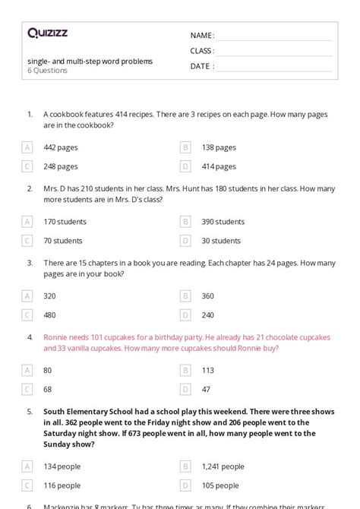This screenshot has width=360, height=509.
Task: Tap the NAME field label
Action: click(201, 36)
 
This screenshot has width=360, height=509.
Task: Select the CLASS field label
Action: click(201, 51)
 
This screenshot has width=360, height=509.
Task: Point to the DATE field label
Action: click(201, 66)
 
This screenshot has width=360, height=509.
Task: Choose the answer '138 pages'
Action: click(219, 147)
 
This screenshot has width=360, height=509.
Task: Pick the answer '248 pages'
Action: click(61, 166)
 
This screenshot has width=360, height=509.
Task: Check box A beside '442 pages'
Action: click(27, 147)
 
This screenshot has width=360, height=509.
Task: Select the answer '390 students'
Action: click(223, 222)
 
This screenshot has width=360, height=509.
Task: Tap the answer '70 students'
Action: click(63, 241)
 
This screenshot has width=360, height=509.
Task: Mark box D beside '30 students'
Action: click(185, 241)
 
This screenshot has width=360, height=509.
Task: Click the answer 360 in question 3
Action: click(208, 296)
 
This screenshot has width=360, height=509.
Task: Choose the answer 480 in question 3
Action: click(50, 315)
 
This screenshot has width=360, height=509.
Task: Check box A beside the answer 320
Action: click(27, 296)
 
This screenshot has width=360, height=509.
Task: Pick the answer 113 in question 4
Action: click(207, 371)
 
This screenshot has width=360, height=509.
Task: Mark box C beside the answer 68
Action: click(27, 389)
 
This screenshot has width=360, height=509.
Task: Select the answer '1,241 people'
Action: click(223, 466)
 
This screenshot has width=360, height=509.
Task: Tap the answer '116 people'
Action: click(62, 485)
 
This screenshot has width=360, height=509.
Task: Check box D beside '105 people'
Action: click(185, 485)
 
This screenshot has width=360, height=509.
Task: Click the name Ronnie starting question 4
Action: click(56, 336)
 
